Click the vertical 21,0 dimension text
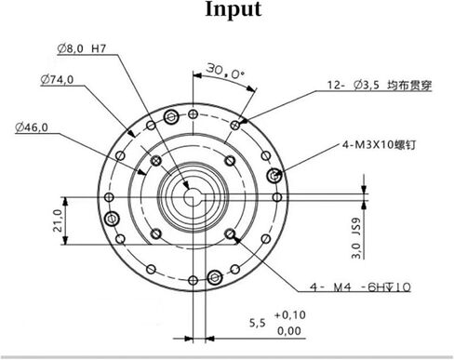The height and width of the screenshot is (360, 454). tap(57, 220)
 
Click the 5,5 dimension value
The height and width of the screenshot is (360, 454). tap(259, 323)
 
